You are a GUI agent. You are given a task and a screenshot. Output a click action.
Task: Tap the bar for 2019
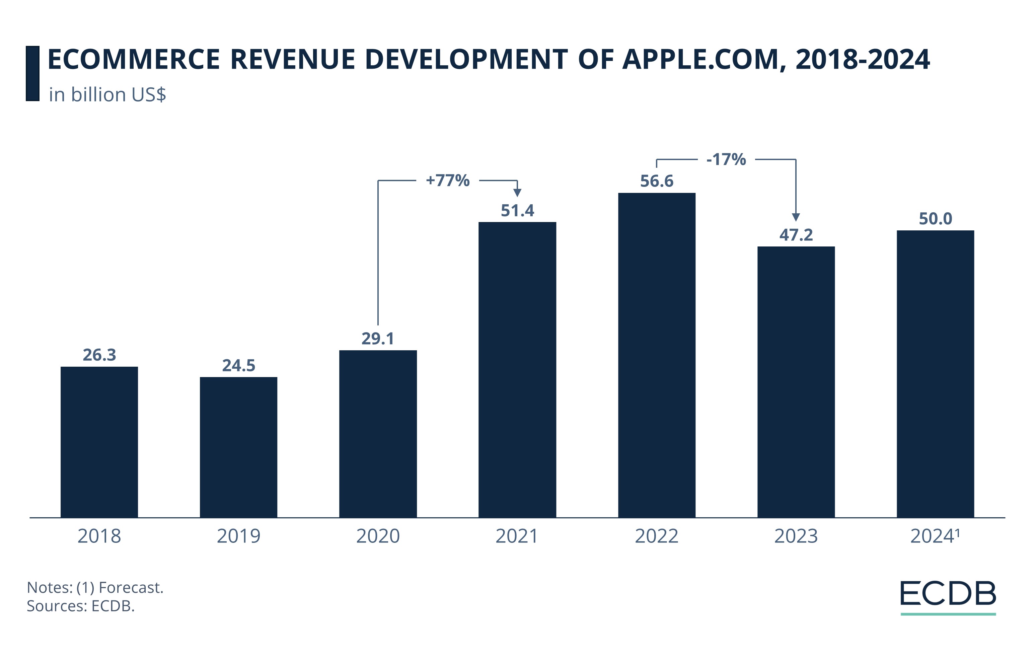tap(238, 447)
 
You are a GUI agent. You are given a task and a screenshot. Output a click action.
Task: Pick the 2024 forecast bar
tap(935, 373)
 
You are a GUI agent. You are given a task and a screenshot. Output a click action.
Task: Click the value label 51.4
tap(517, 211)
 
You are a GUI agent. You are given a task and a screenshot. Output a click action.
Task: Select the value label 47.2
tap(796, 235)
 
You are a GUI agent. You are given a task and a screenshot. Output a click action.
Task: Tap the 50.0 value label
tap(935, 219)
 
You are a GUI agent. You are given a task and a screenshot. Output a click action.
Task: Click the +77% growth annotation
tap(447, 180)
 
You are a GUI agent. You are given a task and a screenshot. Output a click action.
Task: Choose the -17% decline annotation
tap(726, 159)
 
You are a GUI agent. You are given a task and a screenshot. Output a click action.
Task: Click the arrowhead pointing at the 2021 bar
tap(517, 193)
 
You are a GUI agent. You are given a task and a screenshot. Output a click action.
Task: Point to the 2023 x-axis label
tap(796, 536)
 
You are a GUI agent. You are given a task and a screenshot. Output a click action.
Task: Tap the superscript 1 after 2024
tap(958, 532)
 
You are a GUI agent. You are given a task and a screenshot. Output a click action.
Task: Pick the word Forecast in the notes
tap(131, 587)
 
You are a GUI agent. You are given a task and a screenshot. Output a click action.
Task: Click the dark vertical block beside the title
tap(32, 73)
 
